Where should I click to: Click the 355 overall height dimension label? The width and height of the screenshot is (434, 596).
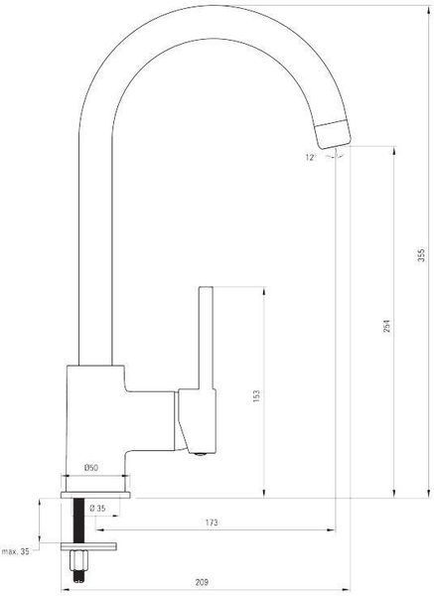pyautogui.click(x=421, y=255)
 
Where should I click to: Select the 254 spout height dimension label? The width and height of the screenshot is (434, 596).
pyautogui.click(x=386, y=326)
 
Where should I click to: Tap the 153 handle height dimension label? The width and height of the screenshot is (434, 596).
pyautogui.click(x=257, y=396)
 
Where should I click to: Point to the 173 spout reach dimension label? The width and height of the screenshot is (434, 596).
pyautogui.click(x=212, y=522)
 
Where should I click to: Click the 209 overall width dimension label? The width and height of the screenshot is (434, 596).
pyautogui.click(x=202, y=582)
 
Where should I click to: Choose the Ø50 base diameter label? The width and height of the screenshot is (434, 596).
pyautogui.click(x=90, y=468)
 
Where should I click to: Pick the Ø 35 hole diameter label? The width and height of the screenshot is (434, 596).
pyautogui.click(x=97, y=509)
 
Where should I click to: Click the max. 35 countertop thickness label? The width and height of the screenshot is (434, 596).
pyautogui.click(x=16, y=551)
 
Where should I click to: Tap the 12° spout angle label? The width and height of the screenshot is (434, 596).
pyautogui.click(x=311, y=157)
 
